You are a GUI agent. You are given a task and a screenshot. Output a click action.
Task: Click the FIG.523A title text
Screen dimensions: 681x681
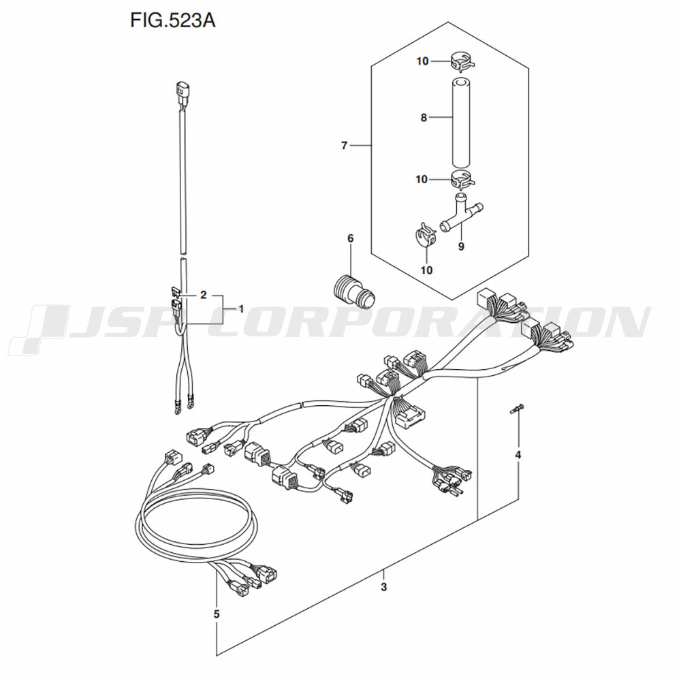[x=173, y=21]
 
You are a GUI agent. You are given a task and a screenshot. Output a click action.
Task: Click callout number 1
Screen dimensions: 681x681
[x=240, y=308]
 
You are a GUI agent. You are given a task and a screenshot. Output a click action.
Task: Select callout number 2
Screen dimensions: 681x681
[x=203, y=295]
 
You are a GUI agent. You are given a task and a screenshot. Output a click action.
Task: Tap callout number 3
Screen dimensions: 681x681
[x=384, y=587]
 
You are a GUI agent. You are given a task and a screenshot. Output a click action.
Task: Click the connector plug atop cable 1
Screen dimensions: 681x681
[x=180, y=93]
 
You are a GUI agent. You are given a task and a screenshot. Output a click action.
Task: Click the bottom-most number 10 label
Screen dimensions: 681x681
[x=427, y=270]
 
